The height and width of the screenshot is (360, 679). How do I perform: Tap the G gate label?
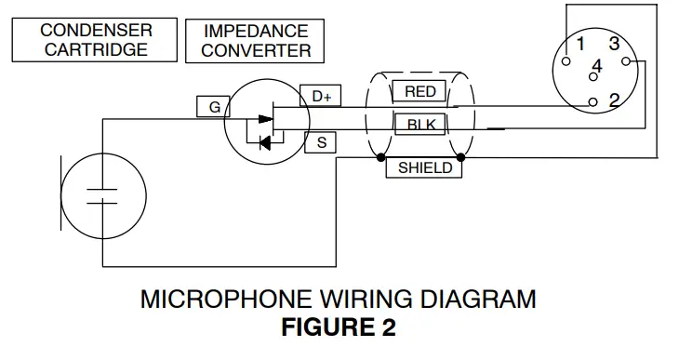click(x=214, y=107)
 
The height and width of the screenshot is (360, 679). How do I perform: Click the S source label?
click(x=321, y=142)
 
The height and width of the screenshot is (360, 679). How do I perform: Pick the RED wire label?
click(x=420, y=91)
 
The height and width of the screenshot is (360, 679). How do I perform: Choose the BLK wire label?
click(x=421, y=124)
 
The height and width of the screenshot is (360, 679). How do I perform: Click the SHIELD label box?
click(x=424, y=168)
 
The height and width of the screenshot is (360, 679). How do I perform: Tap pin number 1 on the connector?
click(x=579, y=44)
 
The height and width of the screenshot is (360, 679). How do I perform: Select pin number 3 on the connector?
click(x=614, y=44)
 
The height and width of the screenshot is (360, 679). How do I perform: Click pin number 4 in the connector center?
click(x=597, y=67)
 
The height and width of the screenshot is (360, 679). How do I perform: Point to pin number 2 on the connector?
click(x=614, y=100)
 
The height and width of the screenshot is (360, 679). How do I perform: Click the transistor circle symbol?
click(x=265, y=122)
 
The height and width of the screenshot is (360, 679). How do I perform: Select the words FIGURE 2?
click(x=339, y=327)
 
